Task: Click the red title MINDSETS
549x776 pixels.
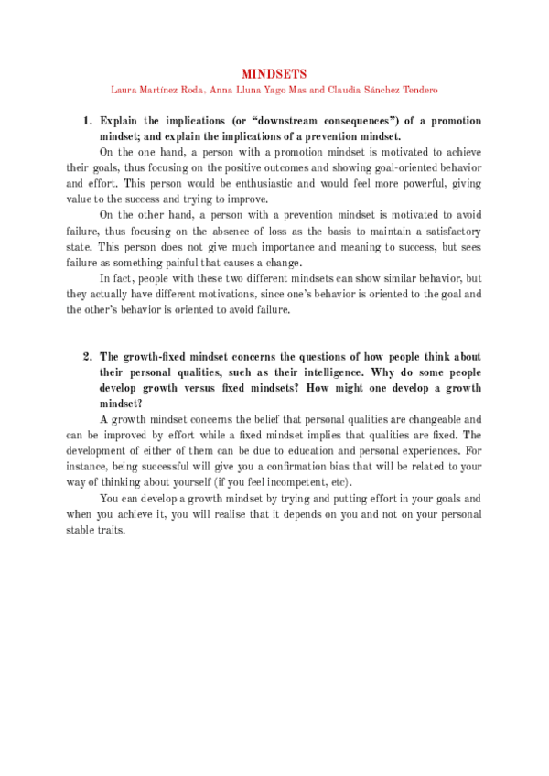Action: (x=274, y=72)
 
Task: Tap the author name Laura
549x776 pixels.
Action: (x=124, y=90)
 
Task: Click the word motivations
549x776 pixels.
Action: (x=233, y=294)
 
